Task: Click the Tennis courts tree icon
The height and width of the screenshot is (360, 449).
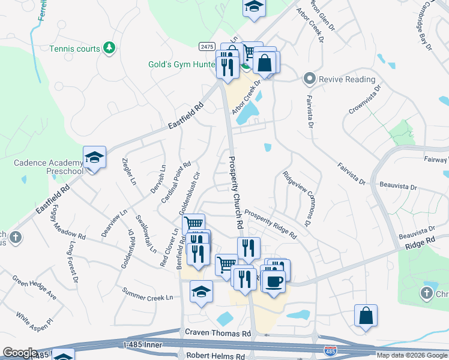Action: tap(109, 47)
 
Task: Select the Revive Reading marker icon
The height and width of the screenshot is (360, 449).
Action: tap(310, 79)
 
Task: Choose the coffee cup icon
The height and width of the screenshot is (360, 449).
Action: tap(273, 281)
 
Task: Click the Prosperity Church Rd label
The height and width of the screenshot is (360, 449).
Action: tap(235, 192)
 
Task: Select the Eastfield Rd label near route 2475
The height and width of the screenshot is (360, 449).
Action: tap(186, 115)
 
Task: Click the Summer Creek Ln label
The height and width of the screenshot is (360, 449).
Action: tap(147, 296)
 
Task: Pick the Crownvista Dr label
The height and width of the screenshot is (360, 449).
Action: tap(365, 100)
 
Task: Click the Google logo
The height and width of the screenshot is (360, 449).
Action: tap(20, 353)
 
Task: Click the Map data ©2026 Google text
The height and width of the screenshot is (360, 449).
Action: tap(411, 355)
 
